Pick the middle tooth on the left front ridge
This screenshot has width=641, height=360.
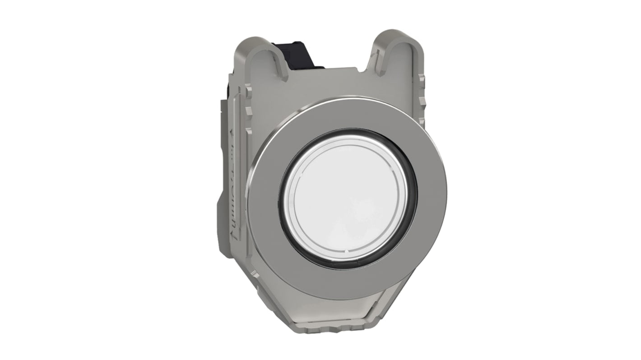(249, 131)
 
